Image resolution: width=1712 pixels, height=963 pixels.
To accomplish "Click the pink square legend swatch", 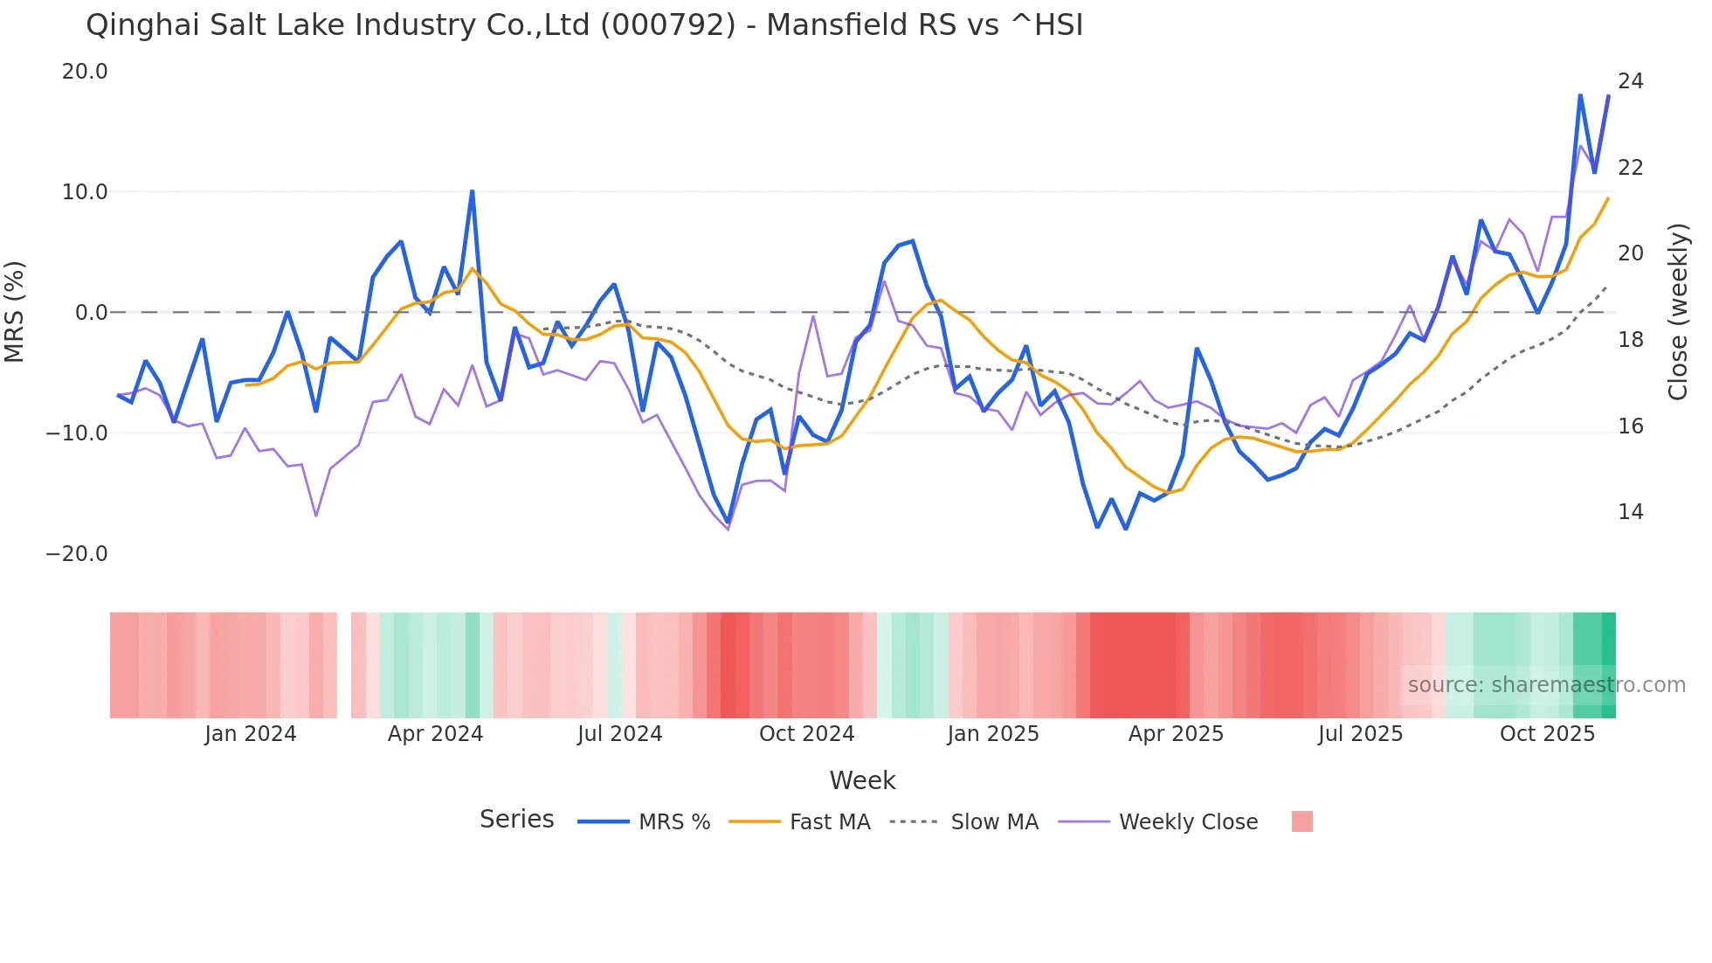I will (x=1301, y=821).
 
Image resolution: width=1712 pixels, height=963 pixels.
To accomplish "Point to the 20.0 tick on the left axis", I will (x=85, y=72).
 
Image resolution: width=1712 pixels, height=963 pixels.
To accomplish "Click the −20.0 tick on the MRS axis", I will (x=77, y=554).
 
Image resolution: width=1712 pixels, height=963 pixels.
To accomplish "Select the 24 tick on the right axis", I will (x=1630, y=81).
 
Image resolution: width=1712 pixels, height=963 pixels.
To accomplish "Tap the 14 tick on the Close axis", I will (x=1630, y=512).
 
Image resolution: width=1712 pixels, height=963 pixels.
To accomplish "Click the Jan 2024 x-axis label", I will (x=251, y=734).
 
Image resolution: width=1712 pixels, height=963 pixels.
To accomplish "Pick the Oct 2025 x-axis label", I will (x=1547, y=734).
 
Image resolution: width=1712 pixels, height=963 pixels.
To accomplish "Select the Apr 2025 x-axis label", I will (x=1176, y=734).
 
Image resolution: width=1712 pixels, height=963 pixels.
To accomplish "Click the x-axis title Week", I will (x=862, y=780).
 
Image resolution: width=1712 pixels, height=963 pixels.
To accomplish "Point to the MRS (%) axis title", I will (x=15, y=312).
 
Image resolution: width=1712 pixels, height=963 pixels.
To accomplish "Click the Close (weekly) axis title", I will (x=1677, y=312).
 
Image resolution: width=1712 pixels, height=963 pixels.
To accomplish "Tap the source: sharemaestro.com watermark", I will (x=1546, y=685).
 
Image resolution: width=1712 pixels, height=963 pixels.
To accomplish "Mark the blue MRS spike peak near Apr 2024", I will (x=472, y=191).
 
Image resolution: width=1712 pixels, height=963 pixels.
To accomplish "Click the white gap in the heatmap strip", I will (x=344, y=665).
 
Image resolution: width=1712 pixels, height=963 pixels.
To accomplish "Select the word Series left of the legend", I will (x=516, y=820).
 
